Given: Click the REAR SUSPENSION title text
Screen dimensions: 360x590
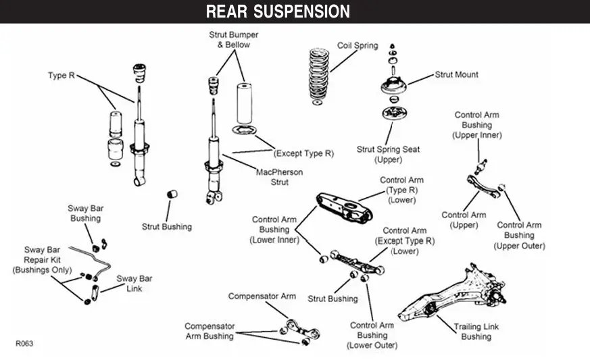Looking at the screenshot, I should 278,11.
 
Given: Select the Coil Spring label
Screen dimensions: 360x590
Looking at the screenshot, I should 358,46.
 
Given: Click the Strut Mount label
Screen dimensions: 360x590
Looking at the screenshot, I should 456,75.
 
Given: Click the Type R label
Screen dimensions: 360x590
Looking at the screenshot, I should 62,76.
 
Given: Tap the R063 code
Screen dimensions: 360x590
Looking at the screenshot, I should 24,343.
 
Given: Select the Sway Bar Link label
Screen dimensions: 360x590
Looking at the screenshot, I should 134,283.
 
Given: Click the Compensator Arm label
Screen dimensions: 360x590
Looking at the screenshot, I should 262,297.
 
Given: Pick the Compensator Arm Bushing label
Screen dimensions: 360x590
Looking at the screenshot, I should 209,331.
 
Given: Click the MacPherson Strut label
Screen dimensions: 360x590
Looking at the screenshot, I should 280,177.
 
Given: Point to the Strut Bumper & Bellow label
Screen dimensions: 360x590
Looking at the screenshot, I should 233,40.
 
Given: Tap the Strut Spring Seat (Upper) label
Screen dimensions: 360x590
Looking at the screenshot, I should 379,155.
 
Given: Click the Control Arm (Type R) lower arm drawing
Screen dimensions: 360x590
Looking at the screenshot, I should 344,207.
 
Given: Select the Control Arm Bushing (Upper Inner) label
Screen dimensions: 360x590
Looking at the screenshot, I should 476,125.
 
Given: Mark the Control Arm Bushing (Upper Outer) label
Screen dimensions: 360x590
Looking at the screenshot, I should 519,236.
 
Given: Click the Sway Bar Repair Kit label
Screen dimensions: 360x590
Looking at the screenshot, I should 43,260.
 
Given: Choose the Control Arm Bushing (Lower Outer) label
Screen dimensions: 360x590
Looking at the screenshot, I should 372,336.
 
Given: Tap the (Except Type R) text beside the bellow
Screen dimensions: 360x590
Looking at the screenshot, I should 303,154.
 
